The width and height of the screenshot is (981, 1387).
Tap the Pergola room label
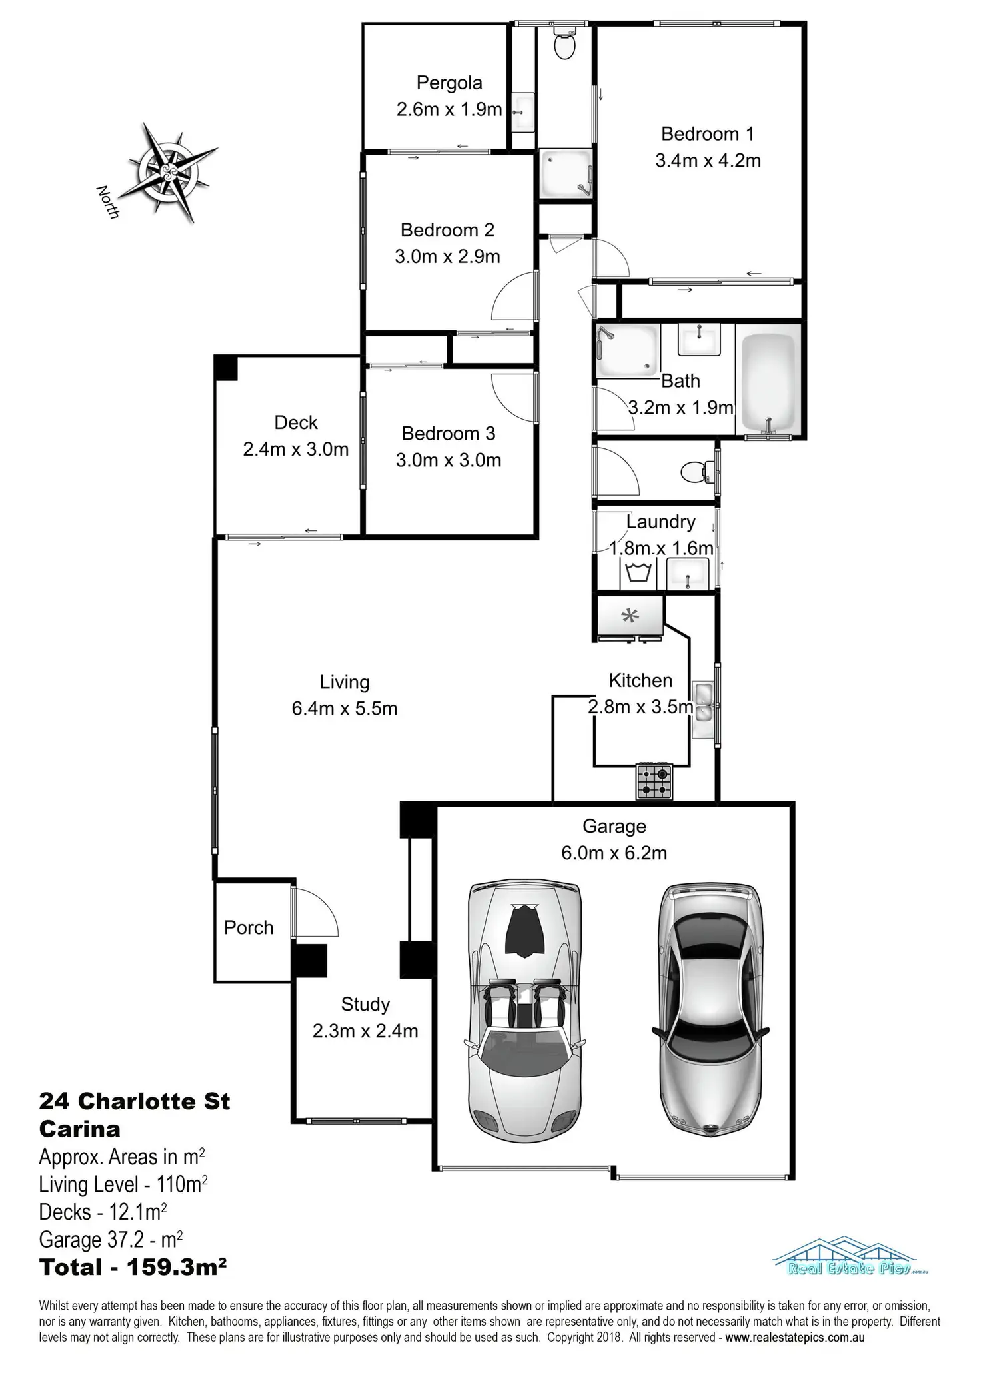click(449, 83)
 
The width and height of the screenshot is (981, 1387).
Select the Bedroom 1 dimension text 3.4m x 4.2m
click(708, 161)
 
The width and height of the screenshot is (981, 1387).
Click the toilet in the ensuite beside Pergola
click(564, 45)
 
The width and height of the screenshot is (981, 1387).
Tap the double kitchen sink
click(703, 703)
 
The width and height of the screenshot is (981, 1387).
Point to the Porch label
click(249, 927)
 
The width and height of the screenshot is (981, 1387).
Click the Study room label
click(365, 1004)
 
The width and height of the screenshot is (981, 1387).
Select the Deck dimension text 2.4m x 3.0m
click(296, 450)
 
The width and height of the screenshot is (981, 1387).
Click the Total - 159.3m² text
click(133, 1268)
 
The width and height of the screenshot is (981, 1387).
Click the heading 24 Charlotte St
click(135, 1101)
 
